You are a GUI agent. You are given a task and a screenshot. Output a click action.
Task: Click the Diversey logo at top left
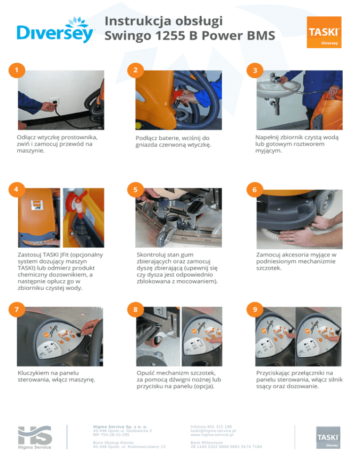pos(55,30)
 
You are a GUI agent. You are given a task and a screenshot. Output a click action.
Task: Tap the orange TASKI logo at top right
pos(324,32)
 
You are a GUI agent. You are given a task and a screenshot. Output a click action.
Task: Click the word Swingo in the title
pos(128,36)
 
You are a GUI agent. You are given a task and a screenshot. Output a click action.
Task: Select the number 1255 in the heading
pos(169,36)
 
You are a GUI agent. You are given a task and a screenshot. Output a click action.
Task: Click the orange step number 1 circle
pos(17,70)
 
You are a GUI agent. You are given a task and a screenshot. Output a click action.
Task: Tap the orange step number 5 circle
pos(135,189)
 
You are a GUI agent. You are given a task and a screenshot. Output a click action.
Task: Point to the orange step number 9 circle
pos(255,309)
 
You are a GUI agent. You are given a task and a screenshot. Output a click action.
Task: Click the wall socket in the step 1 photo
pos(54,101)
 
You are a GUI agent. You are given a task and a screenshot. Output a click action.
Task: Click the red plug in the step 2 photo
pos(179,95)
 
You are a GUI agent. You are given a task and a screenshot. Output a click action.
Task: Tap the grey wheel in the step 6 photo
pos(325,202)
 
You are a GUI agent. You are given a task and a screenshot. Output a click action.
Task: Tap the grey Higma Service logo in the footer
pos(35,437)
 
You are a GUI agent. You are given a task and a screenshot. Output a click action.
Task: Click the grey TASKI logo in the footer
pos(328,437)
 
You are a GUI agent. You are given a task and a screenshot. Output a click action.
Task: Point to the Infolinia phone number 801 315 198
pos(220,427)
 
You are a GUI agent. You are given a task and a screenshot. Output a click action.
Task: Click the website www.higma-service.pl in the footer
pos(212,435)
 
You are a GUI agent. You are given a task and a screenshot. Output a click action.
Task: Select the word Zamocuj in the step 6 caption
pos(268,255)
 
